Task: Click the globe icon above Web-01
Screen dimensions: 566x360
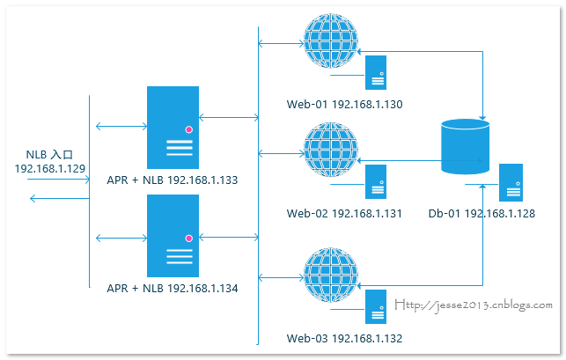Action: point(331,40)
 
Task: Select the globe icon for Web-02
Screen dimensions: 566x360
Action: point(331,150)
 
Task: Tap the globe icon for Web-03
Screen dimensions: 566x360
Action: point(331,275)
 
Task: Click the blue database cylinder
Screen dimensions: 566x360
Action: point(466,147)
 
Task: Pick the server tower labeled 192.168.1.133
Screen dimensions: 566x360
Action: point(173,128)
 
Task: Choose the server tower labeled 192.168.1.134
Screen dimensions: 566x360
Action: point(173,236)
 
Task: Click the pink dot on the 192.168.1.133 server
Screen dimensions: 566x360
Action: point(188,129)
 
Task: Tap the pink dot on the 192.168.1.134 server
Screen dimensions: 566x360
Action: point(188,239)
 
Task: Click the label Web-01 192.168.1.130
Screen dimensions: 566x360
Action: point(344,105)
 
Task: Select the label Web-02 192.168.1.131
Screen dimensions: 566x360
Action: point(344,213)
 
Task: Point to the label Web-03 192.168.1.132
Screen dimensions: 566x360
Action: point(344,338)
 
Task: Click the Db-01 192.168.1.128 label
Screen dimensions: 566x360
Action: point(481,213)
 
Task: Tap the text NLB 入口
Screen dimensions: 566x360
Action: point(49,155)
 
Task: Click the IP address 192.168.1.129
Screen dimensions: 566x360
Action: point(50,169)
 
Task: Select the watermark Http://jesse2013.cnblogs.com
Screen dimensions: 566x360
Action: point(474,305)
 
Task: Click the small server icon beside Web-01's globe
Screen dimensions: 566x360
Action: point(376,72)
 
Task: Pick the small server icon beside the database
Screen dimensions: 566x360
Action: point(511,182)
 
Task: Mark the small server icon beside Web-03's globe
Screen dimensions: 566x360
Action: point(376,306)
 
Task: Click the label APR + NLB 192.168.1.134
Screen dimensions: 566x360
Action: point(173,289)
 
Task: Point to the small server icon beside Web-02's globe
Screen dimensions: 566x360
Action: point(376,181)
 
